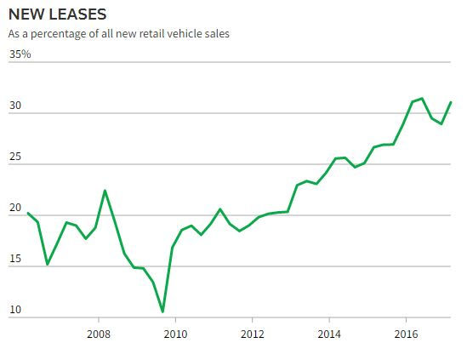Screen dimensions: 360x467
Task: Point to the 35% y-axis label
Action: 20,54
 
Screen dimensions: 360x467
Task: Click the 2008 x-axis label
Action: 100,333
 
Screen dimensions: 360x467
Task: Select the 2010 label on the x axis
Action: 175,333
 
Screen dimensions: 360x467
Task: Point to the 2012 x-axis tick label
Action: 253,333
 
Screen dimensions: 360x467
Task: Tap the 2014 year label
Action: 330,333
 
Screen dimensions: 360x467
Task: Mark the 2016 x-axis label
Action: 407,333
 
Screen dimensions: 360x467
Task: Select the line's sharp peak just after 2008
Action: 105,190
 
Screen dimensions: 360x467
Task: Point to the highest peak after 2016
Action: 422,99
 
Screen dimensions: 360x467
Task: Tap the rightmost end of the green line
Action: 451,102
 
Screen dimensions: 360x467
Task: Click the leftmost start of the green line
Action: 28,213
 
